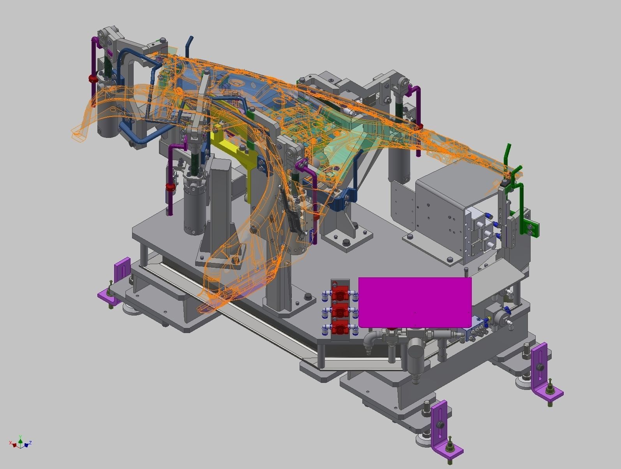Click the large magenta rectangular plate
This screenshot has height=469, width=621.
click(415, 302)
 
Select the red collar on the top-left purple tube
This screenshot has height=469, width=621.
click(93, 79)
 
